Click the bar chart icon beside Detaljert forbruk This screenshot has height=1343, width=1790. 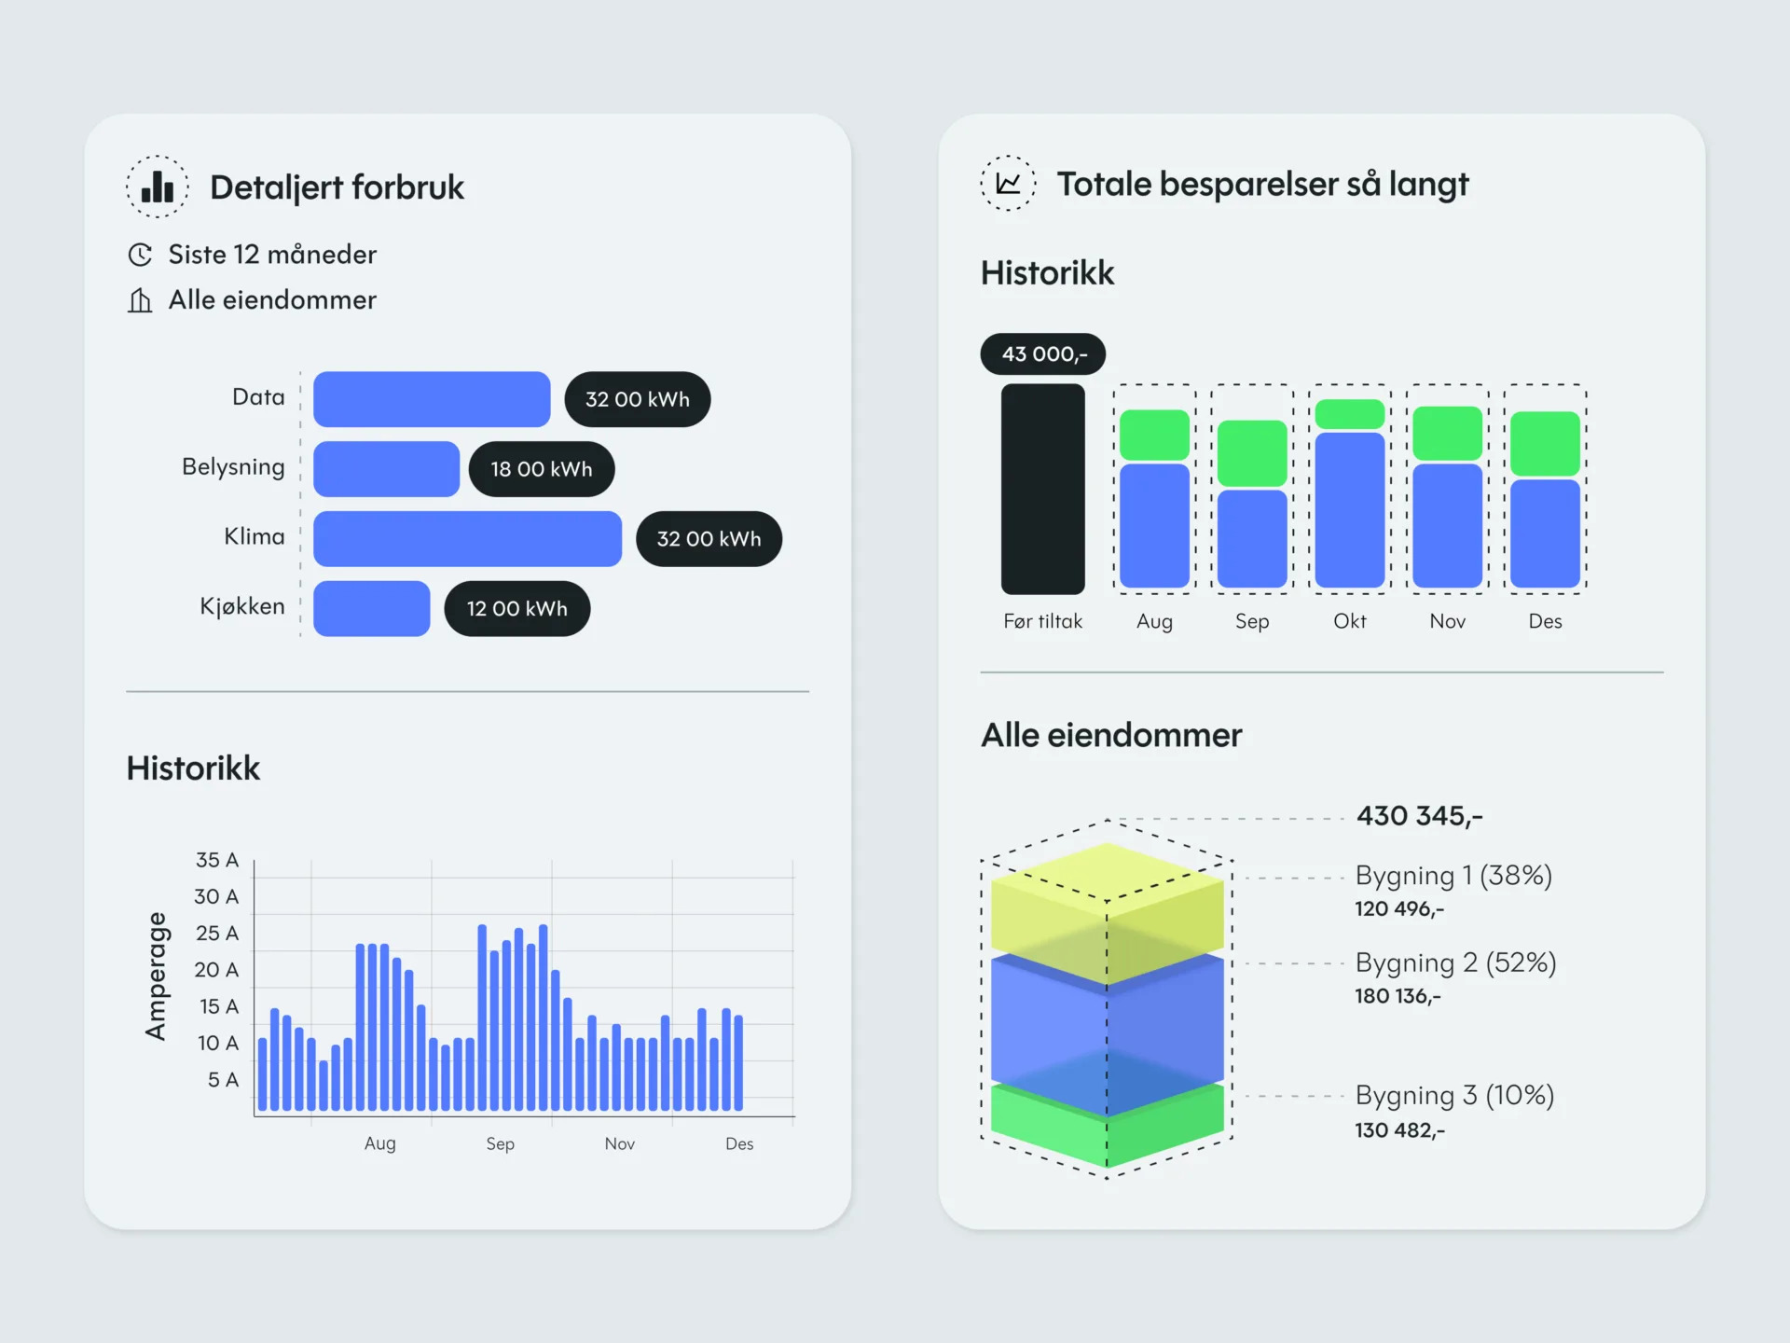point(158,187)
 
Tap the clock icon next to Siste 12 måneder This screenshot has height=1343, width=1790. point(140,255)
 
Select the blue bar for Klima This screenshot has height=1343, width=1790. point(467,538)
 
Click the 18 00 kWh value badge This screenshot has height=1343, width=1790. point(541,469)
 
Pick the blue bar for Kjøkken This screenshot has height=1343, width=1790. point(371,608)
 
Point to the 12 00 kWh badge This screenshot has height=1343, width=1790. point(516,609)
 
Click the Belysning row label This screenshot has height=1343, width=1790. point(233,466)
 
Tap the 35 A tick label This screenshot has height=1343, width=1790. point(216,860)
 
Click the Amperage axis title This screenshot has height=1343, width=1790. point(156,976)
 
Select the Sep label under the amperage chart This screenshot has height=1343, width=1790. point(500,1143)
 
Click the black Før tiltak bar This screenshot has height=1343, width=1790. point(1042,489)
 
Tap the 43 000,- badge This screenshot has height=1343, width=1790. point(1043,354)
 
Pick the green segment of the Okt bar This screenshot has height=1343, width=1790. point(1349,414)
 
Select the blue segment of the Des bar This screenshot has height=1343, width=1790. point(1545,533)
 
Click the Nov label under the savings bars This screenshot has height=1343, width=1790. point(1447,621)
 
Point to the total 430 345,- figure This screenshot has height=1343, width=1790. point(1419,816)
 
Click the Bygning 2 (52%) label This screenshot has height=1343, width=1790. point(1455,962)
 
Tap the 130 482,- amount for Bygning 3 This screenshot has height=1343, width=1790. point(1399,1130)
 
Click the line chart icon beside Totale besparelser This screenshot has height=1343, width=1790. point(1008,184)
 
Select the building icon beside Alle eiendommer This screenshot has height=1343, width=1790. point(140,300)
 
